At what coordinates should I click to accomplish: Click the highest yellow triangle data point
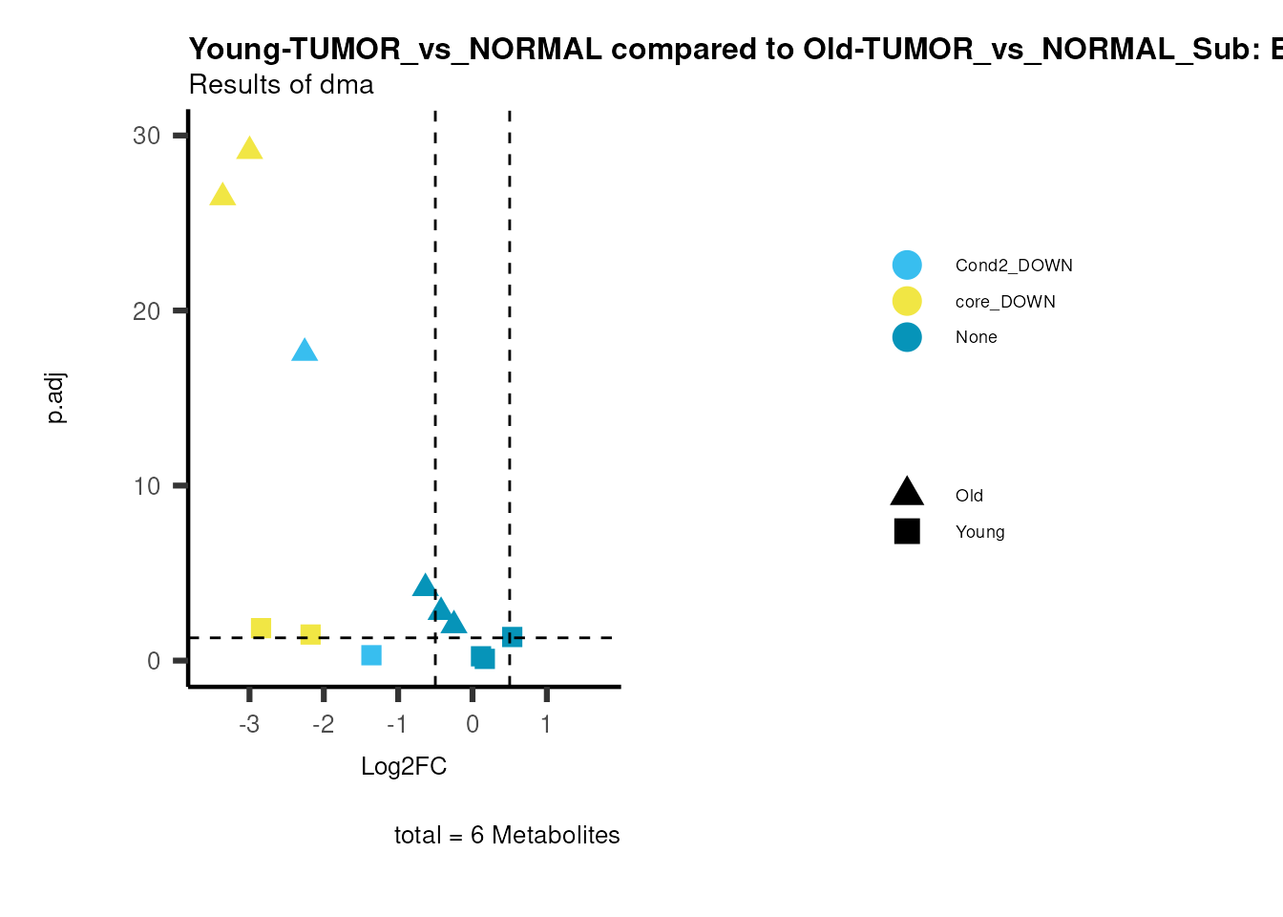(x=249, y=149)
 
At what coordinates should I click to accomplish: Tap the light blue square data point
(x=371, y=654)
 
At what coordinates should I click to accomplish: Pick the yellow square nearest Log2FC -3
(x=261, y=628)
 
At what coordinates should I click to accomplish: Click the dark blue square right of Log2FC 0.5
(x=512, y=636)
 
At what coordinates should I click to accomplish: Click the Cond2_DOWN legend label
(x=1014, y=266)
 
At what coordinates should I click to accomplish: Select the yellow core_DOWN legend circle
(x=907, y=301)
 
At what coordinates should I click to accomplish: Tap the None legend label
(x=976, y=337)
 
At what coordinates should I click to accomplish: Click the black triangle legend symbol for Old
(x=907, y=493)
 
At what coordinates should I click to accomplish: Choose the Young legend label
(x=979, y=532)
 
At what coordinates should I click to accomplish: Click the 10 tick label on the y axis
(x=147, y=486)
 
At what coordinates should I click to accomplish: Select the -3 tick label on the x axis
(x=248, y=724)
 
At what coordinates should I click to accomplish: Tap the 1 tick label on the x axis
(x=546, y=724)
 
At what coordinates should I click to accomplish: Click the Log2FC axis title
(x=404, y=766)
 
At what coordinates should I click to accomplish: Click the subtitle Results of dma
(x=281, y=85)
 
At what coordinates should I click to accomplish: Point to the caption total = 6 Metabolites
(x=507, y=835)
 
